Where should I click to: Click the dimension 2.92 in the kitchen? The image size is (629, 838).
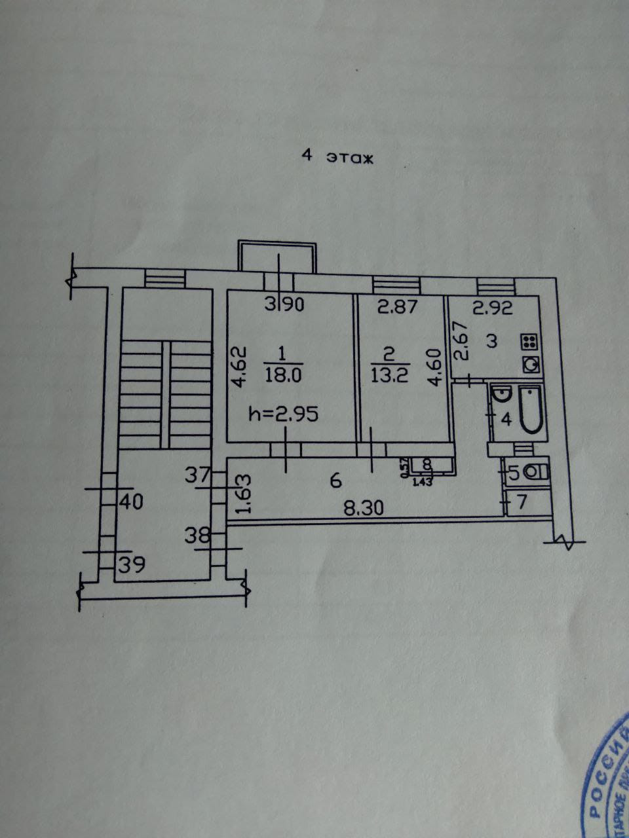pos(493,306)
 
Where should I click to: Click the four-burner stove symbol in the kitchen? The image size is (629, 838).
pos(529,340)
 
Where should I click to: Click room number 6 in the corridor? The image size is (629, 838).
pos(335,481)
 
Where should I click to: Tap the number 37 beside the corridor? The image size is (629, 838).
pos(197,475)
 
